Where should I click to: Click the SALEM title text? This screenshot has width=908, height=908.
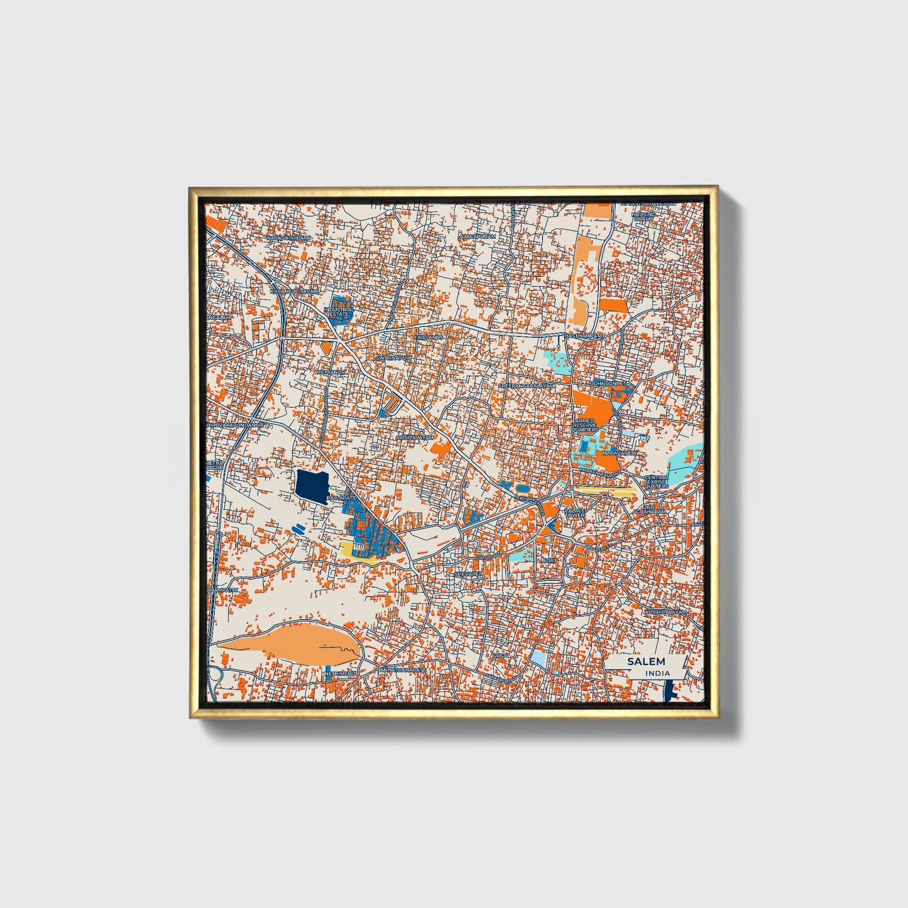point(645,662)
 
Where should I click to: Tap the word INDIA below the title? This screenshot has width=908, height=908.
point(657,673)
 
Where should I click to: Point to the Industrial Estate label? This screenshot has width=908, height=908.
point(339,312)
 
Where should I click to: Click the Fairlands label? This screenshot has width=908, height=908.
point(429,337)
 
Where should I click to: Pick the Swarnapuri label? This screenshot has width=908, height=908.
point(393,357)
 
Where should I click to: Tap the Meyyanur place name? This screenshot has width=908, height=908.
point(332,372)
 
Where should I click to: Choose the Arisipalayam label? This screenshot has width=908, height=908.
point(415,437)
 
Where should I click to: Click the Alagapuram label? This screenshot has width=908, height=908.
point(478,236)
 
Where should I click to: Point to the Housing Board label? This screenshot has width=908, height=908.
point(643,217)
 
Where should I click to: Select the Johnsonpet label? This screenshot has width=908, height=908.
point(608,383)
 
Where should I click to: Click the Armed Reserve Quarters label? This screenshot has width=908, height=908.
point(586,425)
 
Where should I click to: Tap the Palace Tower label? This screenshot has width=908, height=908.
point(574,513)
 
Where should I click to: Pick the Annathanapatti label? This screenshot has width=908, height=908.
point(403,670)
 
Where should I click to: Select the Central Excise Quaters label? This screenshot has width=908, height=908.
point(656,482)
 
